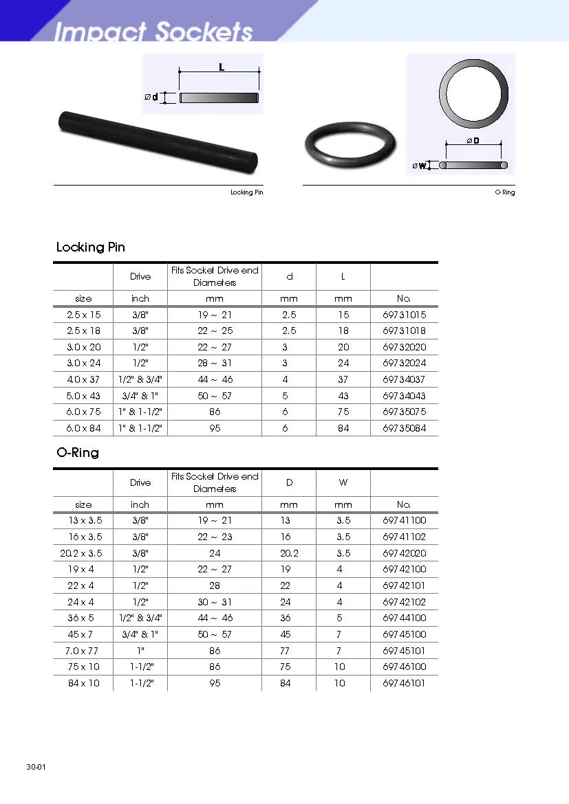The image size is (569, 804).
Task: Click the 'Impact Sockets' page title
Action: (153, 31)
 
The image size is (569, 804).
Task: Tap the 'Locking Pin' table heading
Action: (91, 247)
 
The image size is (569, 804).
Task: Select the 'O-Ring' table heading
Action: (78, 453)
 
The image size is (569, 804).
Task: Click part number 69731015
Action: (404, 315)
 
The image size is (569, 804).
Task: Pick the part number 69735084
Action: (404, 428)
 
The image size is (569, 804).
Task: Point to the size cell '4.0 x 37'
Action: (84, 379)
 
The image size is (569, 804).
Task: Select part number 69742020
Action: (404, 553)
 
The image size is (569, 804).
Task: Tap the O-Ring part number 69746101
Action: (404, 684)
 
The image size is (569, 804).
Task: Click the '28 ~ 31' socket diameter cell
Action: (215, 363)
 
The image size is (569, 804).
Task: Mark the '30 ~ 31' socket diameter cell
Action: (215, 602)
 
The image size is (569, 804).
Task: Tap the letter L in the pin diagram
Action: (222, 67)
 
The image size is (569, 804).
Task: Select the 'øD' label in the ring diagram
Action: (473, 141)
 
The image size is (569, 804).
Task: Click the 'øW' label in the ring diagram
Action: (419, 166)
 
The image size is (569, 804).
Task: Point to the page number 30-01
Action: (36, 766)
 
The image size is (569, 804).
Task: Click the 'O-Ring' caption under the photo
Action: (505, 192)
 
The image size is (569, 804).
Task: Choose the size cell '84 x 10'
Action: (83, 684)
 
